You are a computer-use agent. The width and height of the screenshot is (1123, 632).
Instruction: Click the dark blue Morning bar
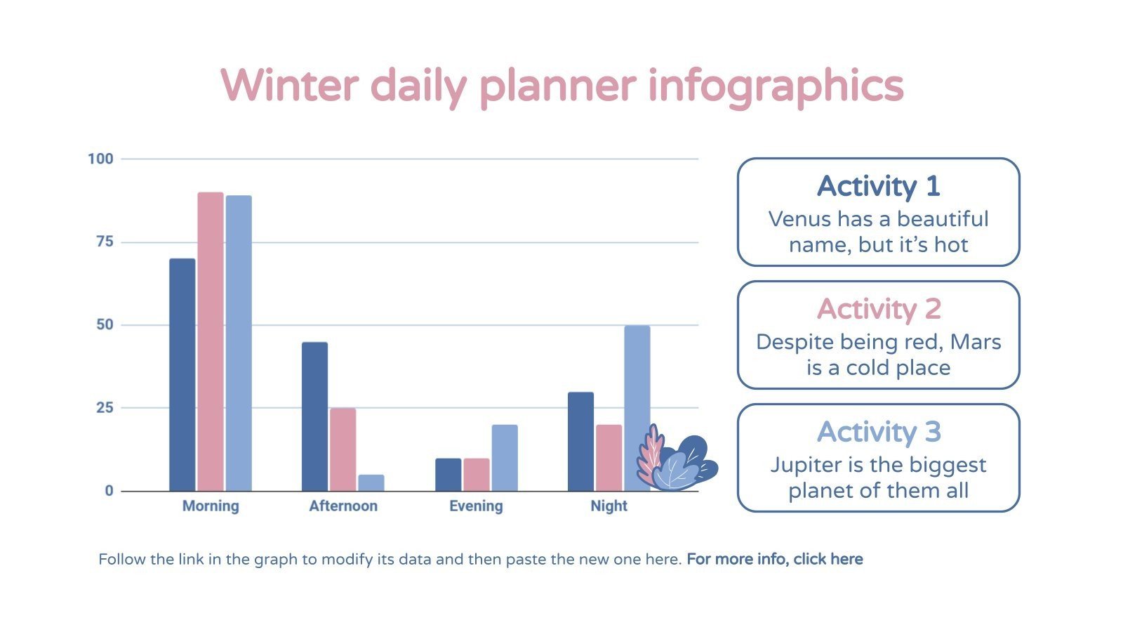click(x=182, y=375)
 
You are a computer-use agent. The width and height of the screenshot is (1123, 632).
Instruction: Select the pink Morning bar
click(x=211, y=342)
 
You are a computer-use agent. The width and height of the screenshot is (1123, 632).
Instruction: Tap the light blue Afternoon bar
click(x=371, y=483)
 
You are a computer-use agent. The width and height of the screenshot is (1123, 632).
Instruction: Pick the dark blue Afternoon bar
click(x=314, y=416)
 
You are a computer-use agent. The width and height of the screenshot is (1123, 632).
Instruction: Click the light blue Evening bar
click(x=505, y=458)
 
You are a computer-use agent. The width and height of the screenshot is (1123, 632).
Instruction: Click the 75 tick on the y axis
click(x=105, y=242)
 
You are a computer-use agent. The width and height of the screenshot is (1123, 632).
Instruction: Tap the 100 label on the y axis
click(x=100, y=159)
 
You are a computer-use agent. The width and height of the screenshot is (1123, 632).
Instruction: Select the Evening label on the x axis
click(x=476, y=506)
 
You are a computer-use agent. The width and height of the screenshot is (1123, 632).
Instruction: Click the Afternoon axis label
click(x=343, y=506)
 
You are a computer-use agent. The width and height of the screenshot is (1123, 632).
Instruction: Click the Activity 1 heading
click(x=878, y=187)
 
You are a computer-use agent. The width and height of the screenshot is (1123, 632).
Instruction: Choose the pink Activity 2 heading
click(x=878, y=310)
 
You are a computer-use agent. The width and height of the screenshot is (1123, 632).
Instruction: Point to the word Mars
click(x=975, y=342)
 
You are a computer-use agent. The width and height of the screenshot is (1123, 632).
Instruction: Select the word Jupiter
click(x=804, y=465)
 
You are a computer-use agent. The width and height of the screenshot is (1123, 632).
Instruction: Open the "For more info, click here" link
click(x=774, y=560)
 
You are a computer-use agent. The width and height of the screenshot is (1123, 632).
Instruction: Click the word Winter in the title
click(x=289, y=86)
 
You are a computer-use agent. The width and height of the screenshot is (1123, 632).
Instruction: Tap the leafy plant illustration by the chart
click(x=675, y=460)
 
